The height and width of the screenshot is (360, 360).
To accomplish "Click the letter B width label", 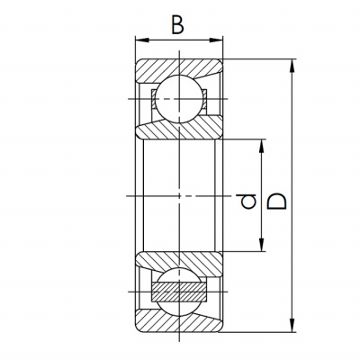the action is pos(177,24).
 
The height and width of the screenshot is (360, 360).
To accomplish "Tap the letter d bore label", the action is pos(246,202).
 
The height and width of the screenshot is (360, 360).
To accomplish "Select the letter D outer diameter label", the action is pos(276,202).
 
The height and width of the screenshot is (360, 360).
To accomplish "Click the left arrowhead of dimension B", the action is pos(142,40).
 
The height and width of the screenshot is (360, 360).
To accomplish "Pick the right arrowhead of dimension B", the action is pos(216,40).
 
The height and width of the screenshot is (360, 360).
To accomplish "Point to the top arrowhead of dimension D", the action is pos(292,66).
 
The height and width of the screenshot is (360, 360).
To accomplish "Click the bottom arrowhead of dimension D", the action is pos(292,326).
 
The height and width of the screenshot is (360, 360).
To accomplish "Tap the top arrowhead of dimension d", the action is pos(262,147).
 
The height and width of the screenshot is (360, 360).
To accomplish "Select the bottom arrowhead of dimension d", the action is pos(262,244).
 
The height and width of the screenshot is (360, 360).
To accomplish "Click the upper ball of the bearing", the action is pos(179,99).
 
